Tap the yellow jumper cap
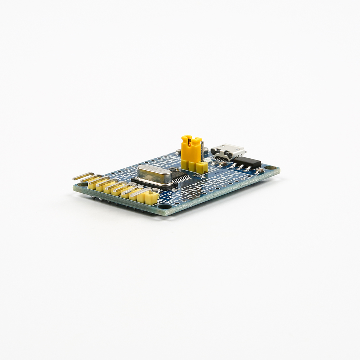coord(191,148)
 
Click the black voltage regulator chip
coord(247,162)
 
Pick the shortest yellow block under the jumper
coord(202,167)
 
